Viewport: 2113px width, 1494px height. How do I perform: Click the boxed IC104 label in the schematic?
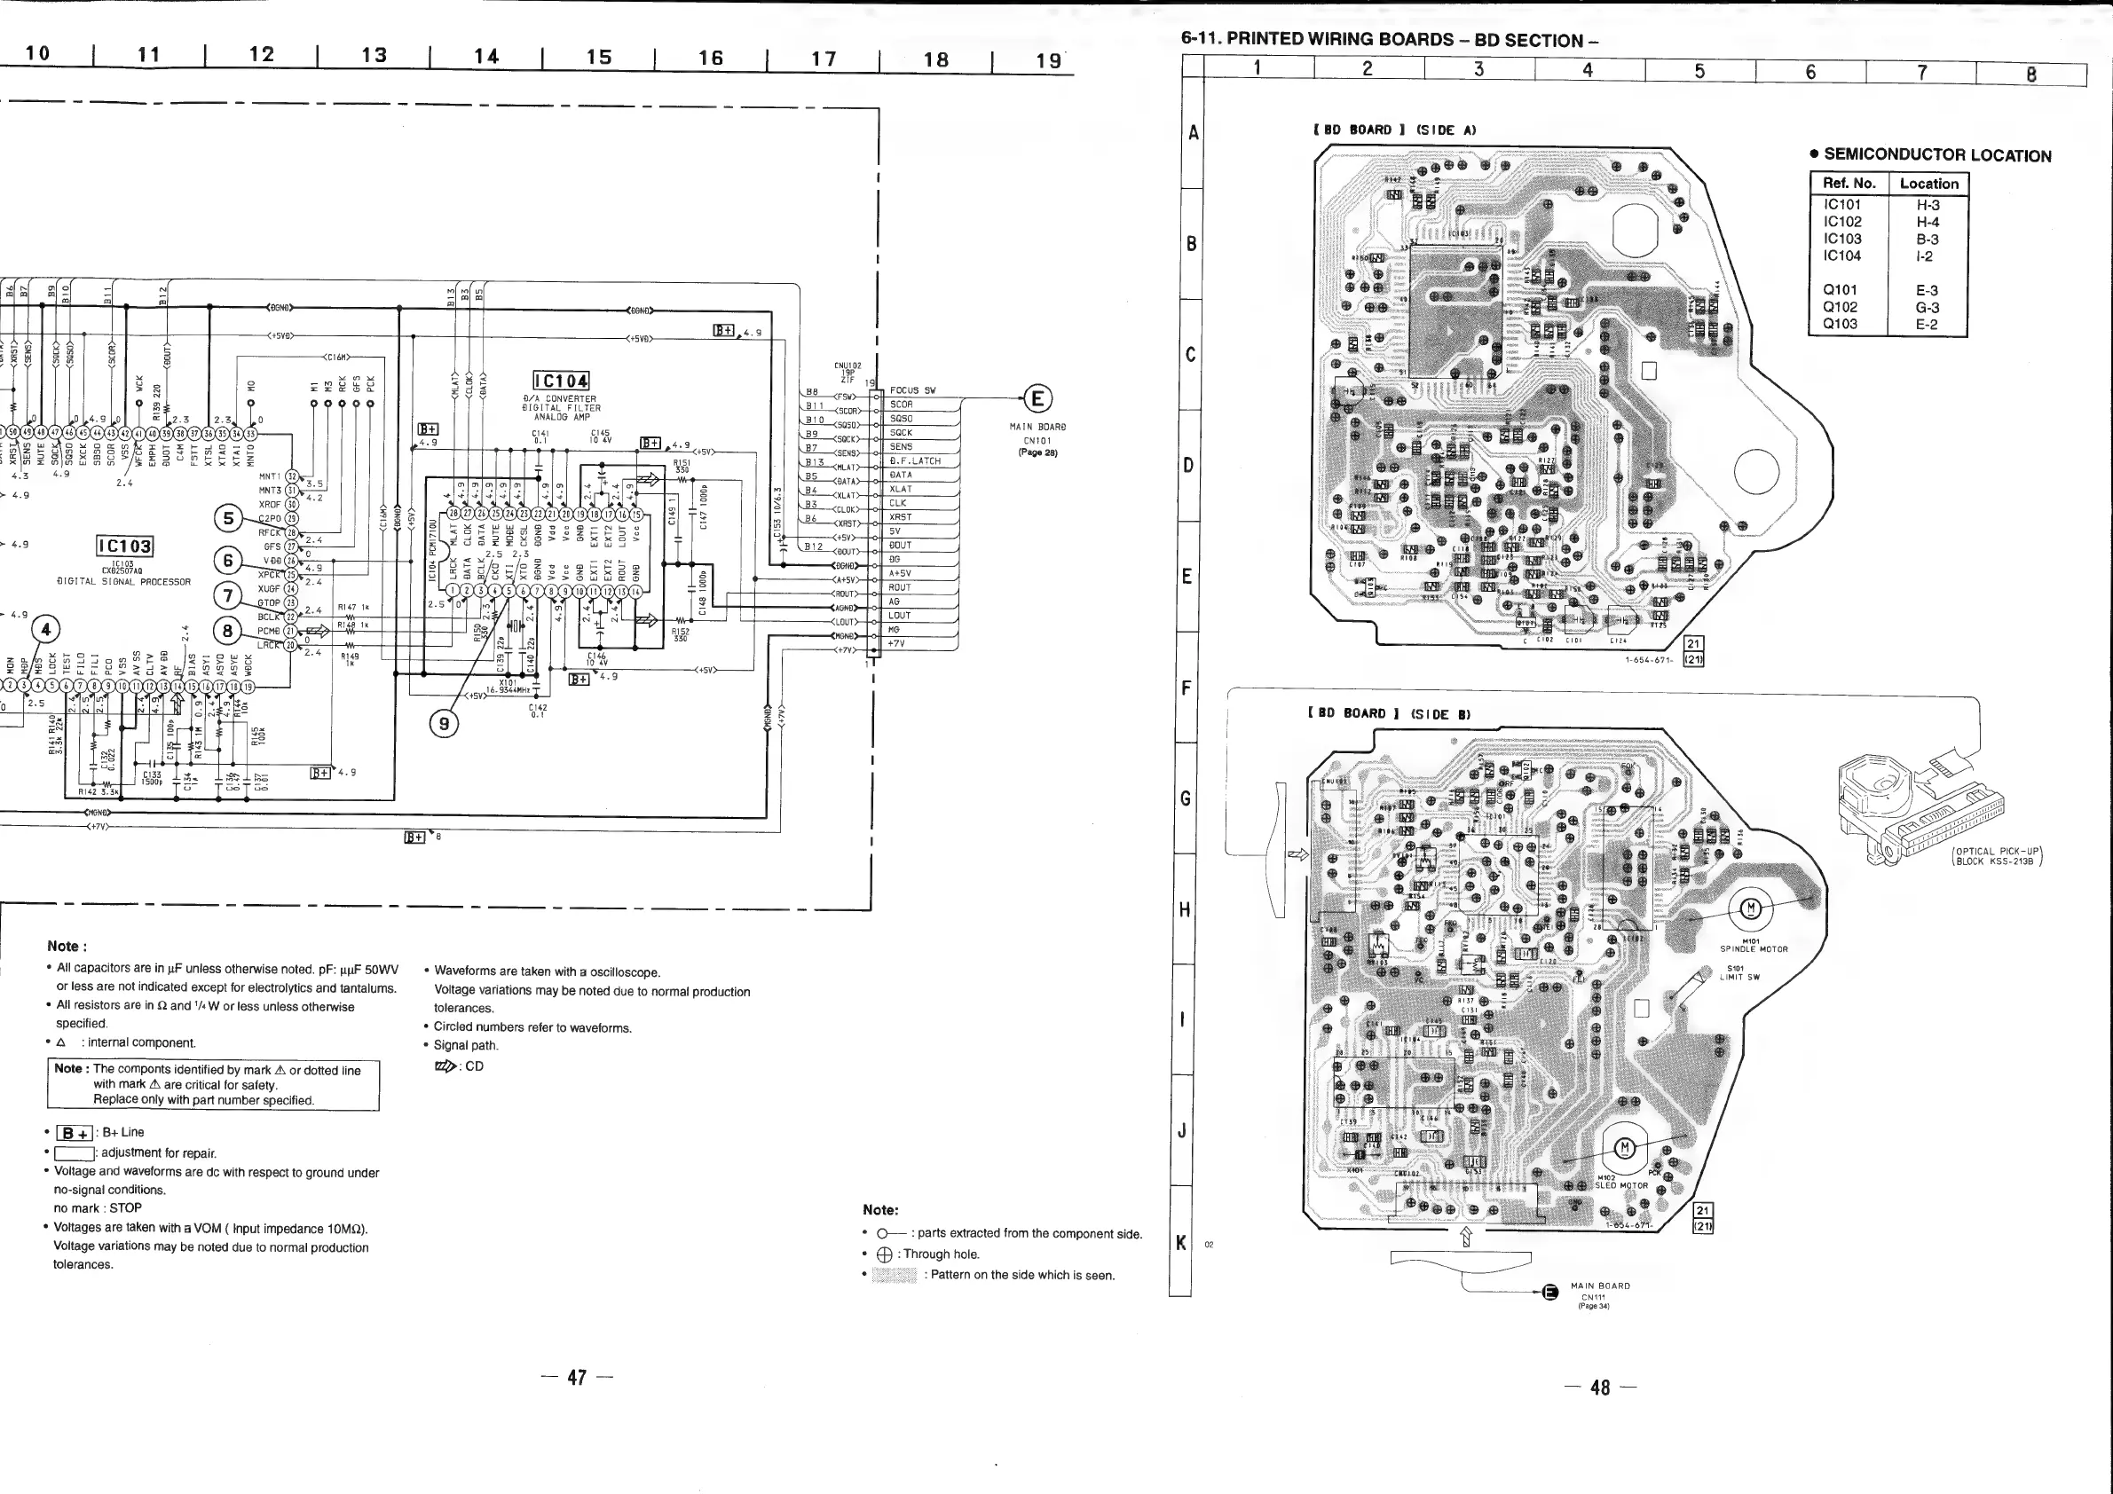tap(562, 381)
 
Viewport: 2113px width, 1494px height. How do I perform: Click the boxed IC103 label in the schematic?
tap(125, 546)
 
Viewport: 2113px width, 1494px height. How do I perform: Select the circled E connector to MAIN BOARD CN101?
tap(1037, 399)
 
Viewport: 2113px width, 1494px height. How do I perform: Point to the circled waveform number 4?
tap(45, 630)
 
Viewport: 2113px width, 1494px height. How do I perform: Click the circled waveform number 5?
tap(228, 519)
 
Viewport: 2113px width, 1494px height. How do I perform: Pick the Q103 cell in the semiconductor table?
tap(1840, 324)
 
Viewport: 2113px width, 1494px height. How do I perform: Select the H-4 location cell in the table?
tap(1928, 222)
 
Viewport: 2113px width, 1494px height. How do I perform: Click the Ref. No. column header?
tap(1849, 183)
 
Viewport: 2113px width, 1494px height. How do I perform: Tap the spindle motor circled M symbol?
tap(1750, 909)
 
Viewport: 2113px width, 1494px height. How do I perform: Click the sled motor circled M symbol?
tap(1624, 1147)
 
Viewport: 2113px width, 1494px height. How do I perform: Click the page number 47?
tap(577, 1377)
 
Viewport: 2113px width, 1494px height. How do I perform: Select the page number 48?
tap(1600, 1388)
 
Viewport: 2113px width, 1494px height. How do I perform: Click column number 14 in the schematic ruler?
tap(487, 57)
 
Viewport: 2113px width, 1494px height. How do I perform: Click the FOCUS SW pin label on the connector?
tap(912, 390)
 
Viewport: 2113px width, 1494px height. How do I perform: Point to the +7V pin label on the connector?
tap(896, 644)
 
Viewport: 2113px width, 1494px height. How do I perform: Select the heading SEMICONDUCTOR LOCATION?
tap(1936, 155)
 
